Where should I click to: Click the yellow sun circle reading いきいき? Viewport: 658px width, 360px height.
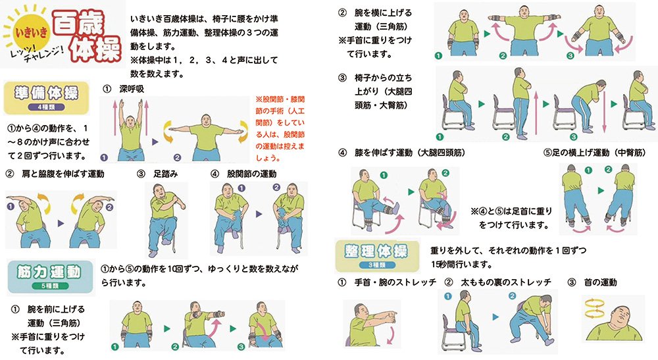[32, 32]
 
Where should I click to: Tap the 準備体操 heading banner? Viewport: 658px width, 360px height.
[46, 98]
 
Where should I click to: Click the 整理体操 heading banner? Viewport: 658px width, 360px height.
[377, 255]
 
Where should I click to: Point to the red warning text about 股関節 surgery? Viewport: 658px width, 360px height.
[280, 128]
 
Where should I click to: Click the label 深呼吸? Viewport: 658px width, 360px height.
[132, 89]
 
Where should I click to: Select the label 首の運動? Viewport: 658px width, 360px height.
[600, 282]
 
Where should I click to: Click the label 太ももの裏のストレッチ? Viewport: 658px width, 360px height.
[505, 282]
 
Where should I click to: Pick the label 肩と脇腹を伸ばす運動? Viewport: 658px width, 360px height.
[63, 174]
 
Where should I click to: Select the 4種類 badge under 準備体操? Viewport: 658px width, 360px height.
[46, 107]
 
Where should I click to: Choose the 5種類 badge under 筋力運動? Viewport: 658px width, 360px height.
[50, 286]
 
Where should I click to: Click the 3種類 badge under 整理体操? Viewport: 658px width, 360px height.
[377, 265]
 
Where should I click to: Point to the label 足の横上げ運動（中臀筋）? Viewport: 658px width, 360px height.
[595, 153]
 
